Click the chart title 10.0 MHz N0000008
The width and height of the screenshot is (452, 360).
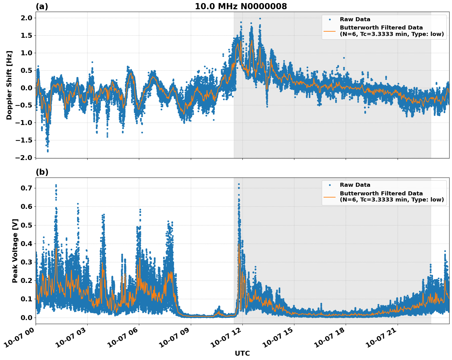click(x=241, y=6)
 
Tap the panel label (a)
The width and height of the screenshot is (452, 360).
click(x=42, y=6)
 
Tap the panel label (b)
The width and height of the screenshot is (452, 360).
click(x=42, y=172)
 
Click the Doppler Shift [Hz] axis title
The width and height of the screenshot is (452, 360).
click(x=9, y=85)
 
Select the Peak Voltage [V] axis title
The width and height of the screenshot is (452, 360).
click(x=15, y=251)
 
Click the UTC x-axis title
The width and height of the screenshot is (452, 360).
click(x=242, y=353)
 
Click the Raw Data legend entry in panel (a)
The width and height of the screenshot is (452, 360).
click(x=355, y=19)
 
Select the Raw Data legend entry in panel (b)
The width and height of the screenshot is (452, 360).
click(x=355, y=185)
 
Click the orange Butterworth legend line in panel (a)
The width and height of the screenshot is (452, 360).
click(x=330, y=31)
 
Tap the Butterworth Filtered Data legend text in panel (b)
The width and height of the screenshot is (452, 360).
click(x=391, y=197)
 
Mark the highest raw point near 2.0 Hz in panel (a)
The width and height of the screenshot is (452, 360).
click(x=260, y=18)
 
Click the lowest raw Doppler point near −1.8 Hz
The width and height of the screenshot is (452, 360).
click(x=48, y=151)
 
